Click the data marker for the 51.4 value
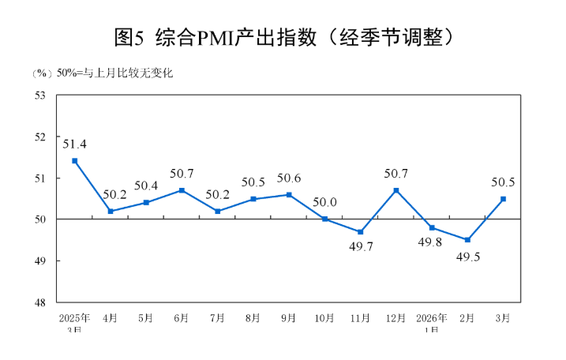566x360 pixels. coord(75,161)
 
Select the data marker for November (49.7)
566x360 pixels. coord(360,232)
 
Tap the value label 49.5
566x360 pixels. coord(468,257)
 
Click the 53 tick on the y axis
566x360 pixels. coord(40,96)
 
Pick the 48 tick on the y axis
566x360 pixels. coord(40,302)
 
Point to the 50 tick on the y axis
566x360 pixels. coord(40,219)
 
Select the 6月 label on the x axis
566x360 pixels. coord(182,318)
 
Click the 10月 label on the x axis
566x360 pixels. coord(324,318)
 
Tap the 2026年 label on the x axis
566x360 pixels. coord(432,318)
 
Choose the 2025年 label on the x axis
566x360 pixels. coord(74,318)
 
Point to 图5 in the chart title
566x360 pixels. coord(128,36)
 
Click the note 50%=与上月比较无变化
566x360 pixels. coord(114,73)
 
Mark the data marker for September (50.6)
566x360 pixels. coord(289,194)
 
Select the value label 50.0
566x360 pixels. coord(324,203)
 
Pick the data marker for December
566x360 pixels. coord(396,190)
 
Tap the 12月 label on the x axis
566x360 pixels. coord(396,318)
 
